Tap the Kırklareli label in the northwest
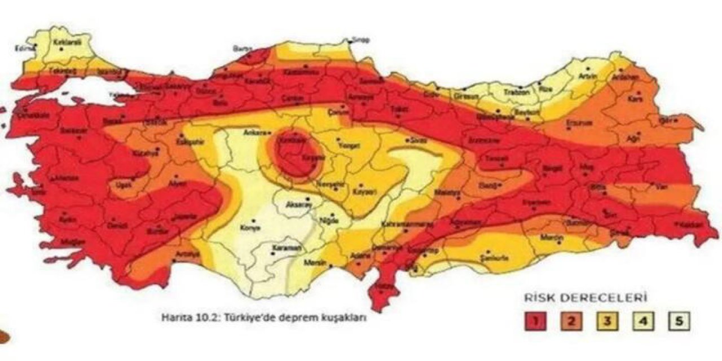pyautogui.click(x=65, y=42)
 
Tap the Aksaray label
pyautogui.click(x=299, y=205)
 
